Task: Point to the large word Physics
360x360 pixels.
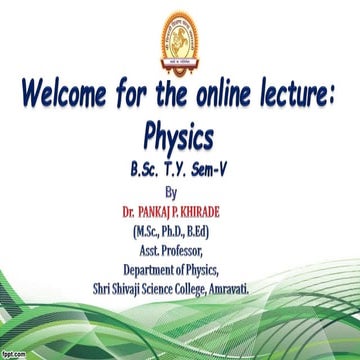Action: (x=181, y=135)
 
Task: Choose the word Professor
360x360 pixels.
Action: (x=192, y=250)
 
